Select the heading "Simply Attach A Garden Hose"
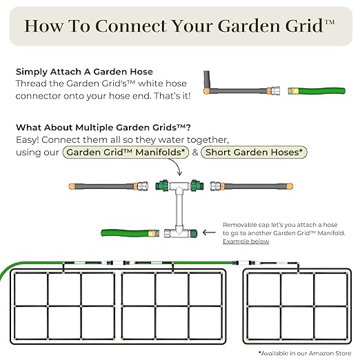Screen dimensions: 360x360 [84, 72]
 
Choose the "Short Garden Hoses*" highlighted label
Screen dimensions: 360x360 [254, 152]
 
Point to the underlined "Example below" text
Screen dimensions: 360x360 [246, 241]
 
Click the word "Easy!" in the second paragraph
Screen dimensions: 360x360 [30, 140]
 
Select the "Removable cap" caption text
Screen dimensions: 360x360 [244, 225]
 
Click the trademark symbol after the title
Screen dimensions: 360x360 [329, 22]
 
